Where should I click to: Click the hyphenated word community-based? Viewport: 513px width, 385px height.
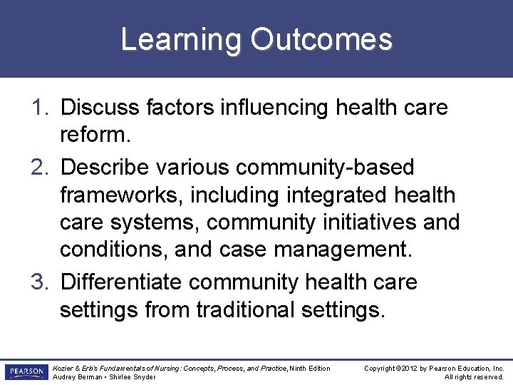(x=324, y=168)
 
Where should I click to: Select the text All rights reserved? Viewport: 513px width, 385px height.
(x=474, y=377)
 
